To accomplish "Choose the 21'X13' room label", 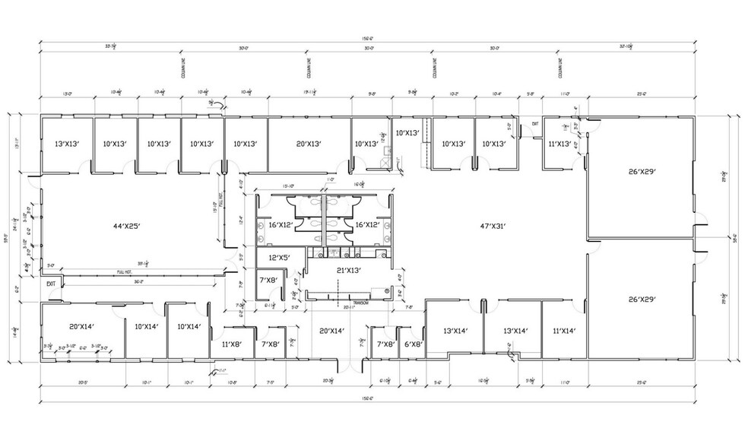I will click(349, 270).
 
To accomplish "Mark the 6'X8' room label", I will click(413, 344).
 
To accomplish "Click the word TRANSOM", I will click(358, 302).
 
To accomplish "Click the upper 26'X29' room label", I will click(642, 171).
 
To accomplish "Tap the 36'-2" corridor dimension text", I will click(137, 281).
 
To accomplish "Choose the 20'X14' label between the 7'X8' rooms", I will click(332, 331).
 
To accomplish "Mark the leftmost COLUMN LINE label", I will click(182, 67).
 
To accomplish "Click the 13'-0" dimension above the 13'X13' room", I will click(66, 95).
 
